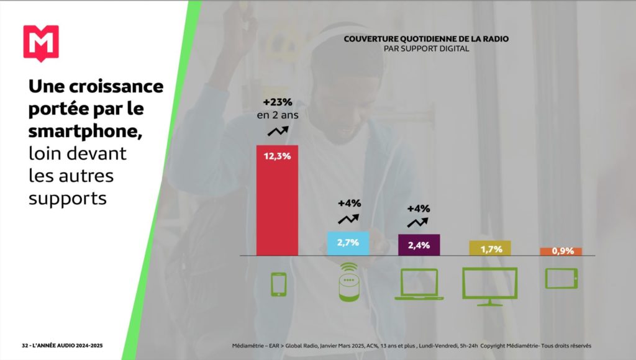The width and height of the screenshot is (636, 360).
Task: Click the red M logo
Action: [41, 43]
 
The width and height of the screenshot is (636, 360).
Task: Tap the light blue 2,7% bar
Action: [348, 243]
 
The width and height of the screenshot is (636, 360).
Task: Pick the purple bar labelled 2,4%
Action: [419, 245]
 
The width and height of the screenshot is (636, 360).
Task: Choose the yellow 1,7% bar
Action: [490, 248]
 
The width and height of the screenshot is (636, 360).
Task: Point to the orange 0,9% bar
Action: [561, 251]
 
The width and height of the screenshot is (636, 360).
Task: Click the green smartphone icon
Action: [278, 284]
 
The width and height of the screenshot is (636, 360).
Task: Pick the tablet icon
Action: [561, 278]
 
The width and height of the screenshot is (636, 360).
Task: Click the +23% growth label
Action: [278, 102]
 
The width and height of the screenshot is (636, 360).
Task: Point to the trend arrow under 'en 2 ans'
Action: [278, 131]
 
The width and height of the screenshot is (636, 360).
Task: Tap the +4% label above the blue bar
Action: [349, 203]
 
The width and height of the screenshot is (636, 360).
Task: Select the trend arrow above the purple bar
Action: [418, 222]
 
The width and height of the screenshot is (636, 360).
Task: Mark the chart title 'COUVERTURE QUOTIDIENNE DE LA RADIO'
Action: [426, 38]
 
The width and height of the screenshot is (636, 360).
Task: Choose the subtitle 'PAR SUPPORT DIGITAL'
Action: [426, 48]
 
